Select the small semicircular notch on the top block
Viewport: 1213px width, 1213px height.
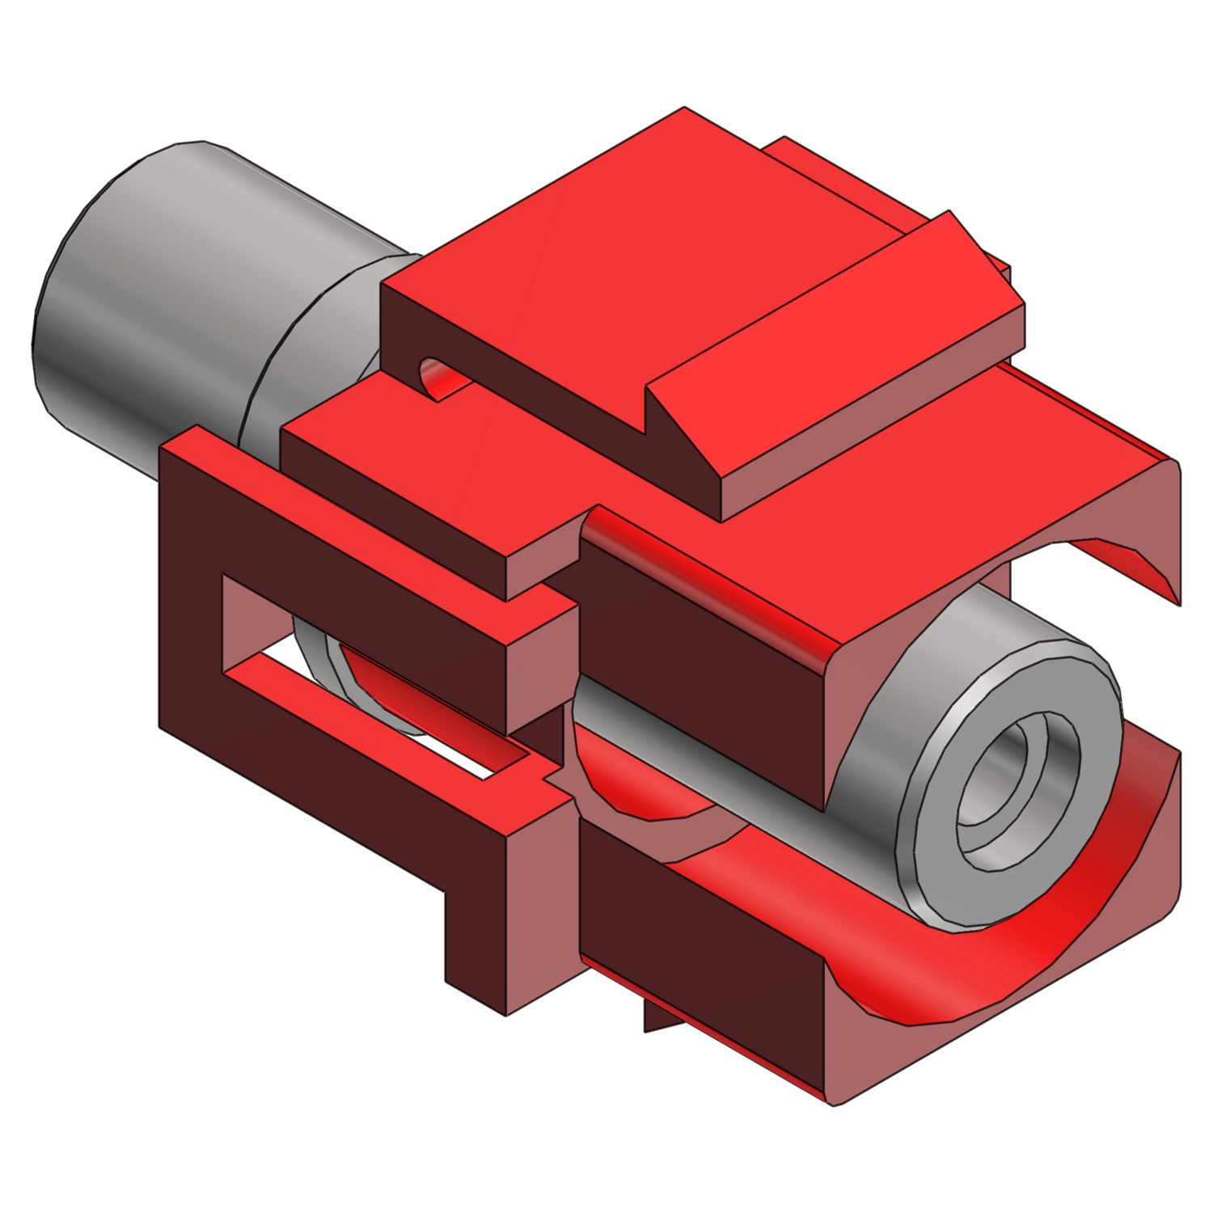point(437,376)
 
